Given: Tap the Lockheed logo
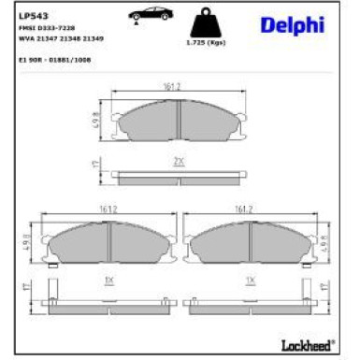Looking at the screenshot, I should tap(307, 345).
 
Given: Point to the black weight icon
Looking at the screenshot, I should tap(203, 23).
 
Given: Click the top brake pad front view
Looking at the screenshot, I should tap(176, 121).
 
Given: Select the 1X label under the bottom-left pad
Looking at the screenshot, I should tap(108, 280).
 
